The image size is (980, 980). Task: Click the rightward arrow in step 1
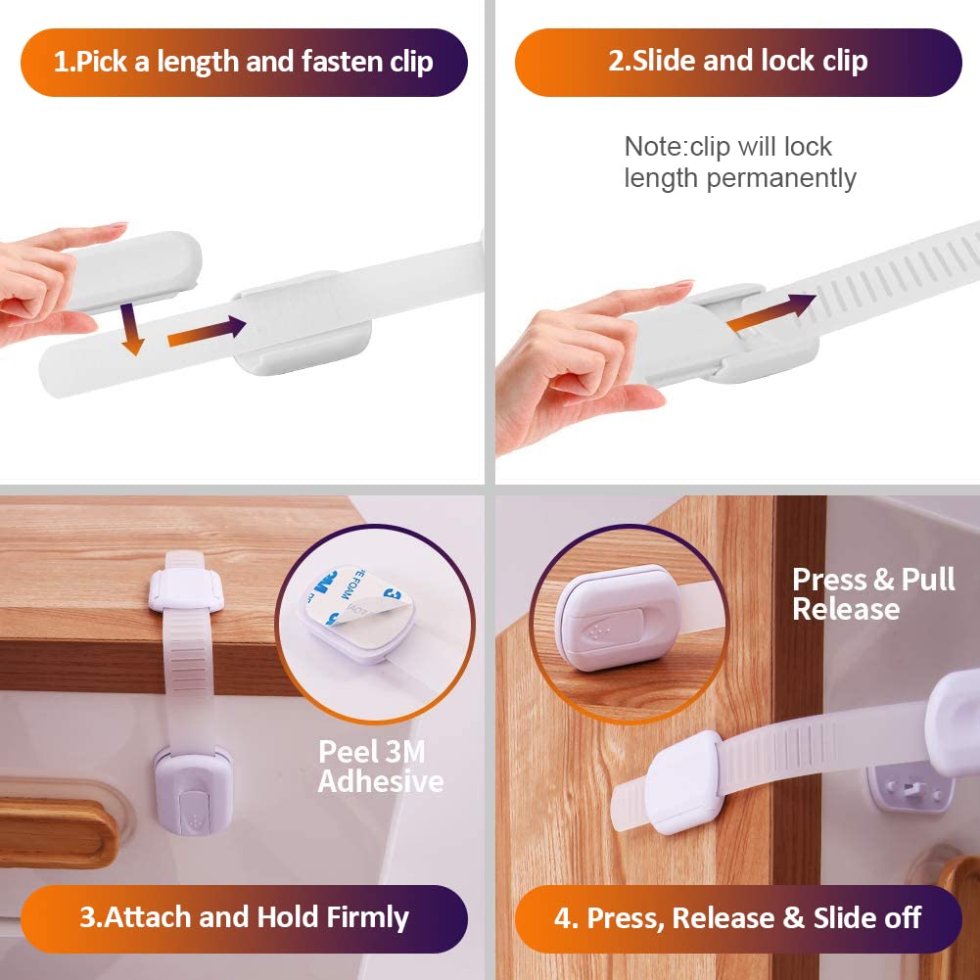click(207, 331)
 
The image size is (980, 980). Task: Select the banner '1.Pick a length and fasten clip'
click(244, 62)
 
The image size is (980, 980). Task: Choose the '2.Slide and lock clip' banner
click(738, 62)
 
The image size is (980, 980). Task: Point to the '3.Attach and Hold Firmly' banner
click(244, 918)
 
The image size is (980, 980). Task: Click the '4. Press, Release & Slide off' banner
click(738, 918)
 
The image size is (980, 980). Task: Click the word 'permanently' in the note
click(781, 178)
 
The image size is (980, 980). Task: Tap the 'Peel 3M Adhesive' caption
click(380, 767)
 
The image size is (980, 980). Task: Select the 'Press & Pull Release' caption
click(873, 593)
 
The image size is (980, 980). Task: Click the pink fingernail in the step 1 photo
click(117, 225)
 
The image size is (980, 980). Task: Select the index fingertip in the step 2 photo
click(680, 285)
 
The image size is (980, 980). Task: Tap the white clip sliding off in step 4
click(683, 782)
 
